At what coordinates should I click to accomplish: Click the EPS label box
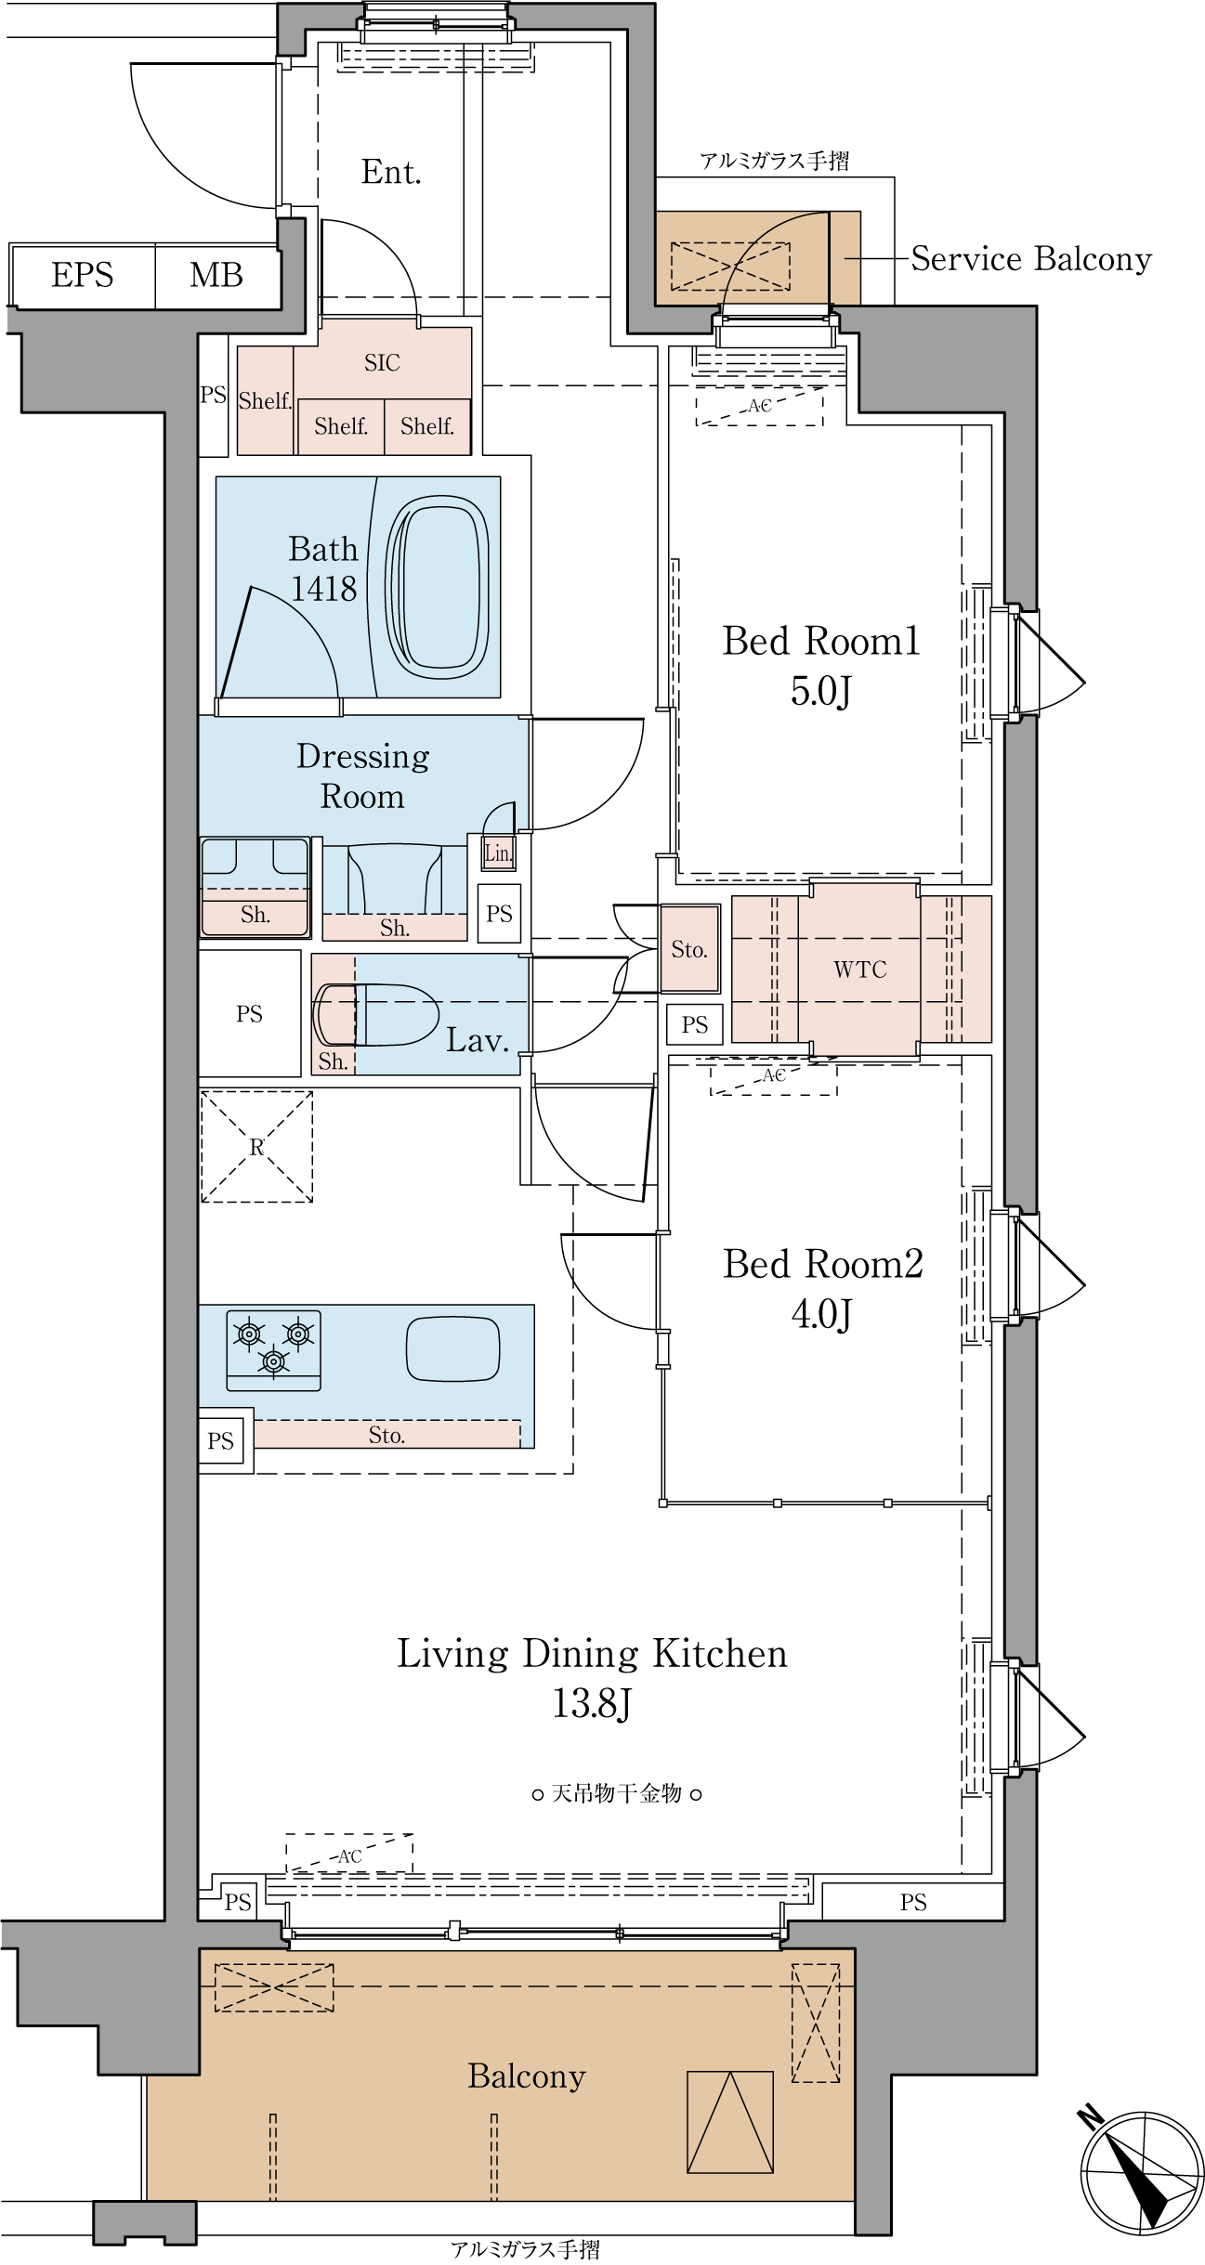pyautogui.click(x=82, y=276)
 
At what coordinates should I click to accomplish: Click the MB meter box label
pyautogui.click(x=216, y=276)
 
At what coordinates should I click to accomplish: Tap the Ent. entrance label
pyautogui.click(x=391, y=173)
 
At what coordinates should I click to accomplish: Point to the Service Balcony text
pyautogui.click(x=1031, y=259)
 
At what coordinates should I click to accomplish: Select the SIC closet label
pyautogui.click(x=382, y=363)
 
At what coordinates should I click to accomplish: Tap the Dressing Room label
pyautogui.click(x=363, y=776)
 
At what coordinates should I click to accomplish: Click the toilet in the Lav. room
pyautogui.click(x=376, y=1015)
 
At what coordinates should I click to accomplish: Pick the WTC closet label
pyautogui.click(x=860, y=970)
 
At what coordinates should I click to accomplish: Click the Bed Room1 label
pyautogui.click(x=821, y=642)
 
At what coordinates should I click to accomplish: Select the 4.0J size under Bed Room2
pyautogui.click(x=821, y=1314)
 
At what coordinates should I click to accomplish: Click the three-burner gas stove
pyautogui.click(x=274, y=1350)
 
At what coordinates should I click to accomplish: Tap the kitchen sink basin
pyautogui.click(x=453, y=1348)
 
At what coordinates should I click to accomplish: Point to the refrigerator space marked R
pyautogui.click(x=257, y=1147)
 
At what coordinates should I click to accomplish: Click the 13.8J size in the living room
pyautogui.click(x=592, y=1704)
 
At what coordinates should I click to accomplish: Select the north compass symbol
pyautogui.click(x=1140, y=2172)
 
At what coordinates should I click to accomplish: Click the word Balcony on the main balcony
pyautogui.click(x=527, y=2076)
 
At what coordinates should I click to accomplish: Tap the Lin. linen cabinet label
pyautogui.click(x=498, y=853)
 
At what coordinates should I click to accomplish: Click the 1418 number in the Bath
pyautogui.click(x=323, y=589)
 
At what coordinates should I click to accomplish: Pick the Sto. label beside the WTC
pyautogui.click(x=689, y=949)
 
